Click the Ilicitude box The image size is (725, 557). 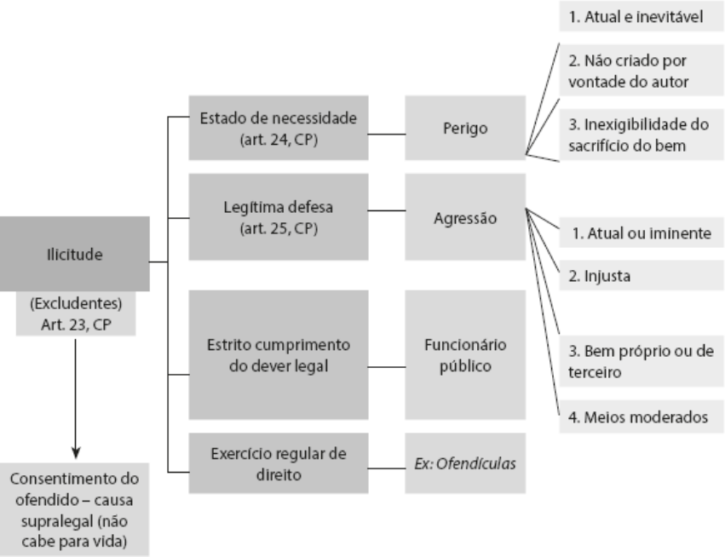pos(74,253)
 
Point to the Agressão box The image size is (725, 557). pos(464,216)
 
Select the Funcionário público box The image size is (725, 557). pos(464,354)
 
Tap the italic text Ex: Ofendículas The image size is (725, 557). pos(464,463)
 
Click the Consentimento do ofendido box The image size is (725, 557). pos(74,508)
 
